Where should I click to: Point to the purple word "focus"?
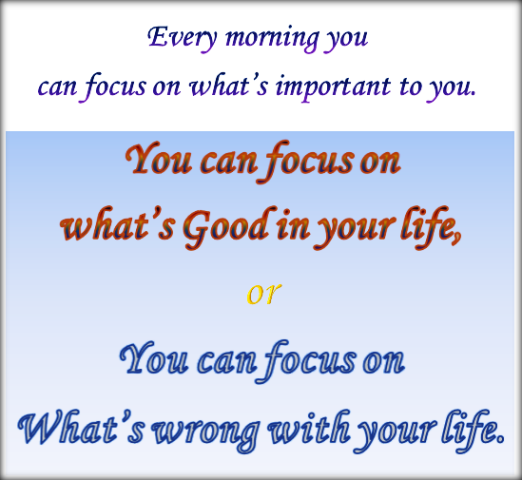(117, 87)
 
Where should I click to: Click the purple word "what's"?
(230, 86)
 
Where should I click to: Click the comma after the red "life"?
(459, 238)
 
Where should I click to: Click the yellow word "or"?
(261, 293)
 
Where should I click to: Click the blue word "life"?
(470, 429)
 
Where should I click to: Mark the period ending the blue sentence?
(500, 441)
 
